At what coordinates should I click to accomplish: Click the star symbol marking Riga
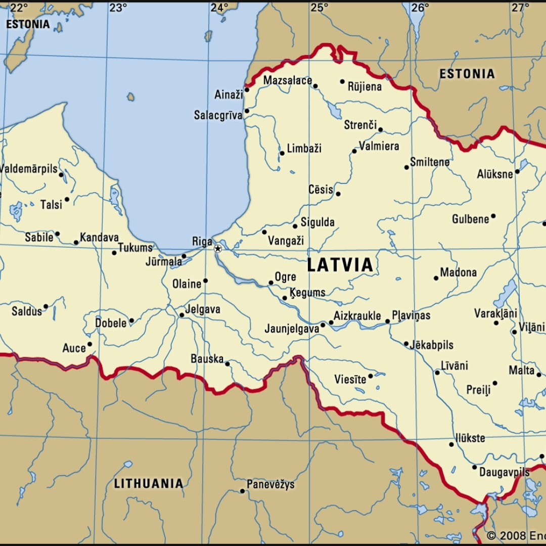(217, 249)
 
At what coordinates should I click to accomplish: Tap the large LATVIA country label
(340, 265)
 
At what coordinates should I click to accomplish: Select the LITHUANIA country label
(148, 483)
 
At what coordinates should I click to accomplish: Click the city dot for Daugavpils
(475, 467)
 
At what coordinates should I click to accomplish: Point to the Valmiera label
(379, 146)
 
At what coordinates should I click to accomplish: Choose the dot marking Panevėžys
(242, 491)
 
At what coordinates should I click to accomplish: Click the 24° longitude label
(219, 8)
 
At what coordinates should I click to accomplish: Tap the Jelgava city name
(203, 309)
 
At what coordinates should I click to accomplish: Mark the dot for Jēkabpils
(406, 344)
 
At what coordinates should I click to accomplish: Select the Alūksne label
(495, 174)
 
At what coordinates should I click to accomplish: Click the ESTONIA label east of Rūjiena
(467, 74)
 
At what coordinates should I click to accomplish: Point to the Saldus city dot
(45, 306)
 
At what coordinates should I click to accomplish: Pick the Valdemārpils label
(29, 169)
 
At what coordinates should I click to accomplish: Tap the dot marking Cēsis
(338, 194)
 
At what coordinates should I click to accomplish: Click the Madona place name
(458, 272)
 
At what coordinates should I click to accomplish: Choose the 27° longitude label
(520, 8)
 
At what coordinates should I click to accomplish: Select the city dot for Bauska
(227, 363)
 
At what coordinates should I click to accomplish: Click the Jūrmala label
(163, 261)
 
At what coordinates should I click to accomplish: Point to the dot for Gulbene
(493, 216)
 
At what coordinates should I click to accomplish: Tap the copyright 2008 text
(516, 535)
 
